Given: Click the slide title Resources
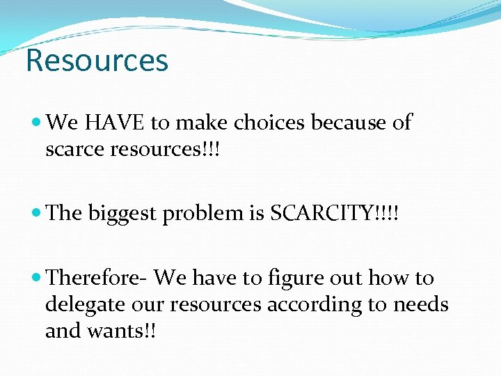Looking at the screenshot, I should [97, 61].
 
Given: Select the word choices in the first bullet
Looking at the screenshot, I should [269, 123].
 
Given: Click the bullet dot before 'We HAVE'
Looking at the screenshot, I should [37, 123].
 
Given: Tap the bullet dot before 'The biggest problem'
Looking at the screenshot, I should [37, 213].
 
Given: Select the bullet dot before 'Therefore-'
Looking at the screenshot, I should [37, 279].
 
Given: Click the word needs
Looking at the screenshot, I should [422, 305].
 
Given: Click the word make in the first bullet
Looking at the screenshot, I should [202, 123].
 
